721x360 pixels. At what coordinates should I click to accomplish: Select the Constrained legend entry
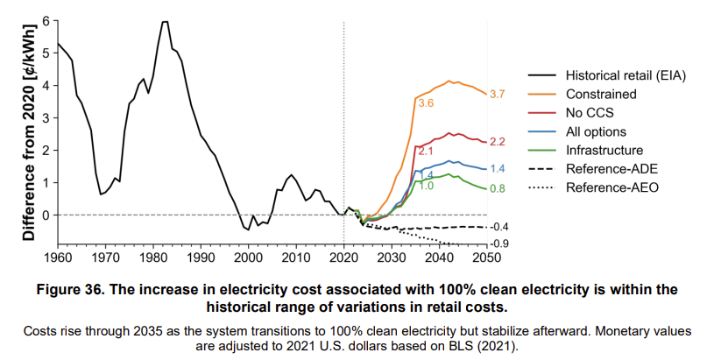point(601,95)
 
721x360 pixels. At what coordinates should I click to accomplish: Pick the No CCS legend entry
point(589,113)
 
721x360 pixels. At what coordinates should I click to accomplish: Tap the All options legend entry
point(596,131)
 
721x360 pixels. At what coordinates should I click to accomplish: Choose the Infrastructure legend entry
point(604,151)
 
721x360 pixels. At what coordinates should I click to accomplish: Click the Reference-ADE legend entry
point(610,169)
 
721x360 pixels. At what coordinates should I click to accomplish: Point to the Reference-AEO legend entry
point(610,187)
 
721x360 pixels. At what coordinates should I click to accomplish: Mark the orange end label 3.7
point(498,94)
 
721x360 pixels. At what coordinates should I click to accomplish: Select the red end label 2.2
point(498,142)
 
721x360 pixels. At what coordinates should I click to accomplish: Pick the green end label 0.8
point(498,188)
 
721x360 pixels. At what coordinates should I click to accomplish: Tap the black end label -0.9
point(498,243)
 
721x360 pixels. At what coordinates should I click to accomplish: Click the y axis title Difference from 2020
point(28,131)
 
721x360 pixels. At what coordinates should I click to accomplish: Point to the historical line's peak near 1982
point(164,21)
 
